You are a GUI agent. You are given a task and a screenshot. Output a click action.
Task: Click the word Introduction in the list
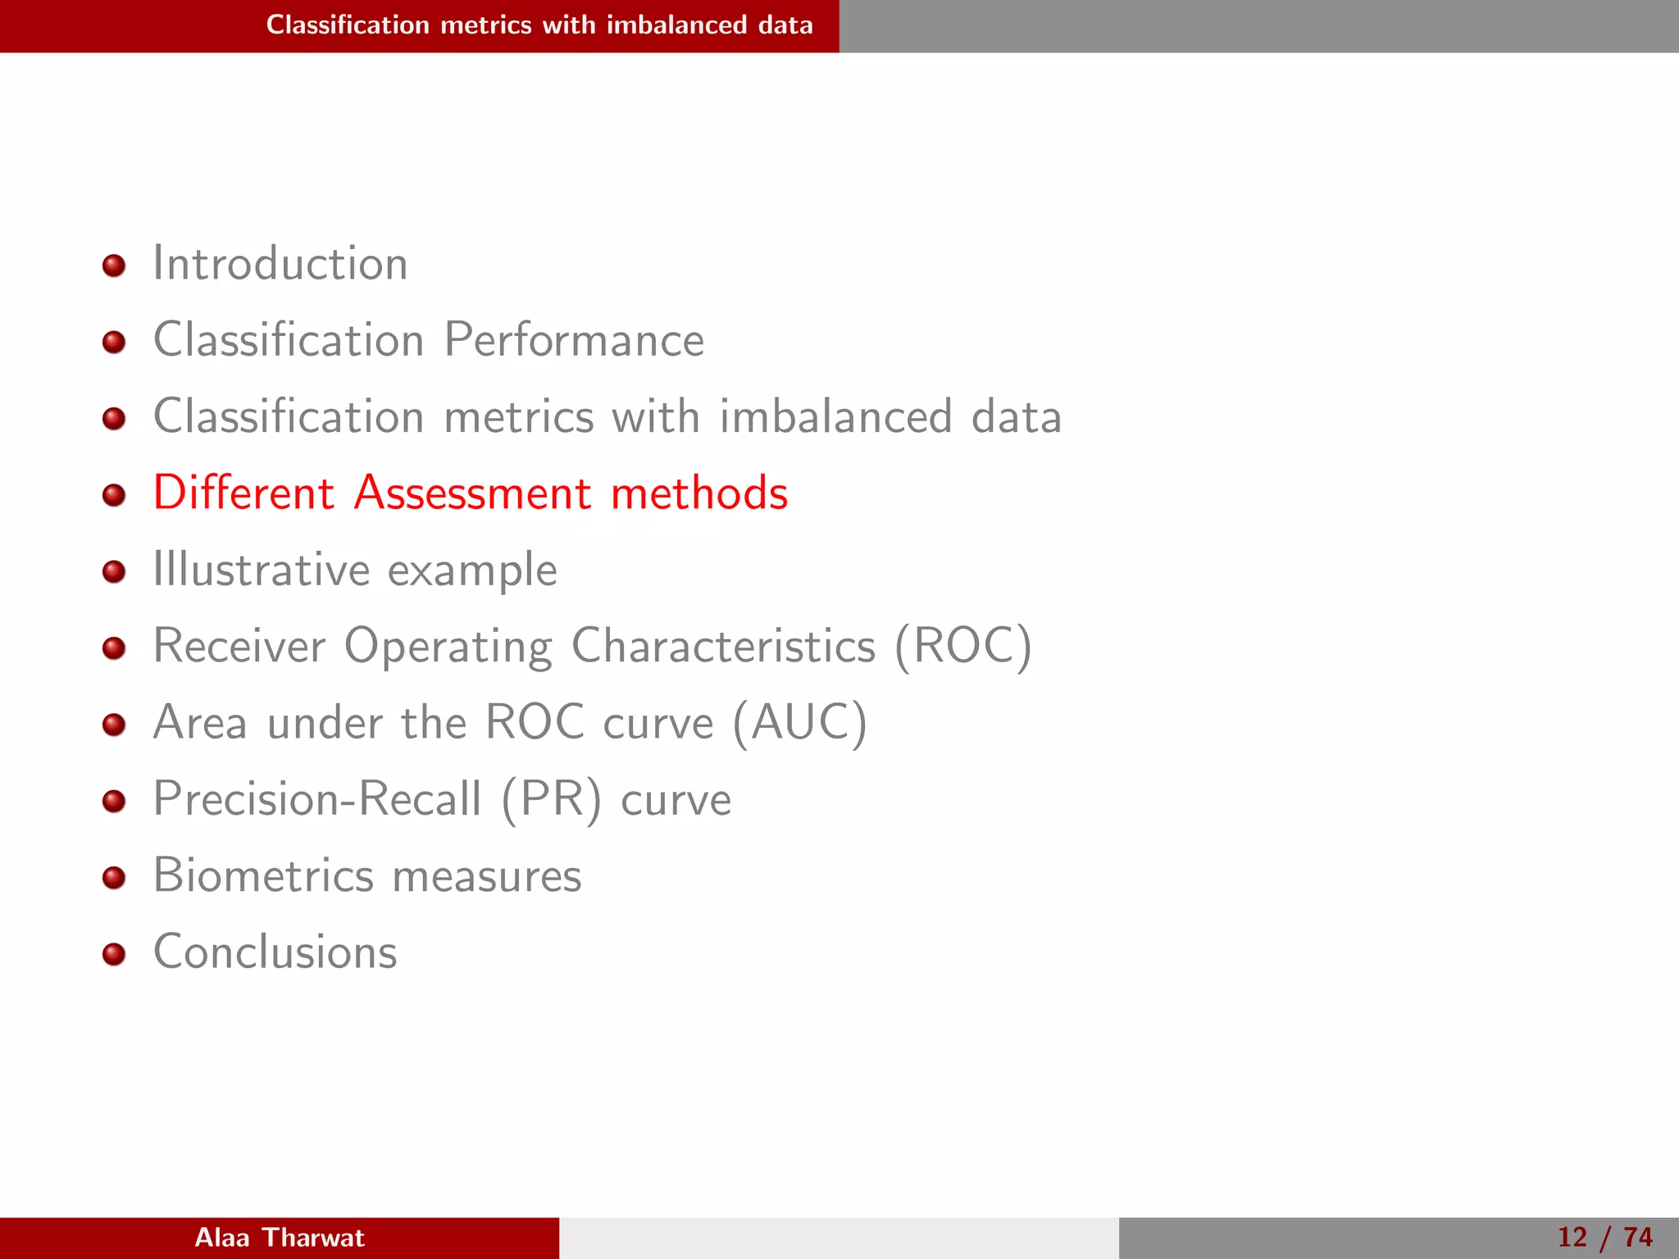click(280, 264)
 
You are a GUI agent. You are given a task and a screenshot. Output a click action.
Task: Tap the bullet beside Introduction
click(114, 266)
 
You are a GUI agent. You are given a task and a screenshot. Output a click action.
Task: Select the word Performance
click(574, 340)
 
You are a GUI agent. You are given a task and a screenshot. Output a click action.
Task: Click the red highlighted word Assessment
click(472, 493)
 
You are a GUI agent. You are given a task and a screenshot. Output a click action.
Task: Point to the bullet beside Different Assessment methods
click(114, 495)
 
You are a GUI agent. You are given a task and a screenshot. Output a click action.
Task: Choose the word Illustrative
click(261, 570)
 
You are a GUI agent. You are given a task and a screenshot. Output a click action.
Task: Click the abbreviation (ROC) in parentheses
click(962, 646)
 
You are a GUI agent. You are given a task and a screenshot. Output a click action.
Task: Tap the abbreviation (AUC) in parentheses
click(799, 723)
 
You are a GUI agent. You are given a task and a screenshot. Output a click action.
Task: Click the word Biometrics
click(263, 875)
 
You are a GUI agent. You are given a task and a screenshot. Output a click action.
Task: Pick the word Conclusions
click(275, 952)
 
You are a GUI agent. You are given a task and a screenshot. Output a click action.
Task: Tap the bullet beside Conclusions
click(114, 954)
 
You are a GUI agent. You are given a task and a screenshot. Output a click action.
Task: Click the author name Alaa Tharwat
click(280, 1238)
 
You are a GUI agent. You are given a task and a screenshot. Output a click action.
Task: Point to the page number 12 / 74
click(1604, 1238)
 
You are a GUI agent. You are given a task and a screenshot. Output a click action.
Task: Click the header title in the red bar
click(539, 25)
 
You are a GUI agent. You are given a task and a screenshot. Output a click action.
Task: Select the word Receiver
click(239, 646)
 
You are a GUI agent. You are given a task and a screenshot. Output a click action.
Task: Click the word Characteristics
click(723, 646)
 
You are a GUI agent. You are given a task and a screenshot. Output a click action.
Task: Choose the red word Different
click(243, 493)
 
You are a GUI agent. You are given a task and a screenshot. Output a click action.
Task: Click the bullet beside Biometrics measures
click(114, 878)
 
